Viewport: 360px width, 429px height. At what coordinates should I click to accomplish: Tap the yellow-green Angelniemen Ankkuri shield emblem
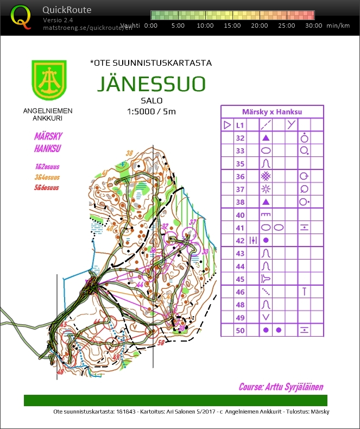coord(48,79)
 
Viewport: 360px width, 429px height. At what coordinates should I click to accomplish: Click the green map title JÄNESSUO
coord(151,84)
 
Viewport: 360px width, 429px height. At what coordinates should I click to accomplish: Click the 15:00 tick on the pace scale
coord(232,26)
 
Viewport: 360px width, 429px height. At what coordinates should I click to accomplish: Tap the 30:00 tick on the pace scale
coord(313,26)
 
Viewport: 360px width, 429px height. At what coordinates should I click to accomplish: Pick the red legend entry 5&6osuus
coord(46,188)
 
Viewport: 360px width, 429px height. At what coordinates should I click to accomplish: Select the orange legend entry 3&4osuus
coord(46,178)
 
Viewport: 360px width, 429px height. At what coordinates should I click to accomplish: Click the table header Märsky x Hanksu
coord(272,112)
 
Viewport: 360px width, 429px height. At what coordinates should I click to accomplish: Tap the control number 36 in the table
coord(240,176)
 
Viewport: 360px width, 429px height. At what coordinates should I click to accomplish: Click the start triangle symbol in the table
coord(227,125)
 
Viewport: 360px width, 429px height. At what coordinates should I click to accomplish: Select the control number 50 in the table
coord(240,330)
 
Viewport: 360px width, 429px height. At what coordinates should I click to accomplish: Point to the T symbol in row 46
coord(305,292)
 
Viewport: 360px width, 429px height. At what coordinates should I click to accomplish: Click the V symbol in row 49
coord(266,317)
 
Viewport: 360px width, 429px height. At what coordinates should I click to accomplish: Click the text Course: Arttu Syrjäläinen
coord(281,387)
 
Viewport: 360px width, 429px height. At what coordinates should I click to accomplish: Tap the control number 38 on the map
coord(129,154)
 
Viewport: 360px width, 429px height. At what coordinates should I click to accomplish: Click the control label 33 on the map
coord(205,252)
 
